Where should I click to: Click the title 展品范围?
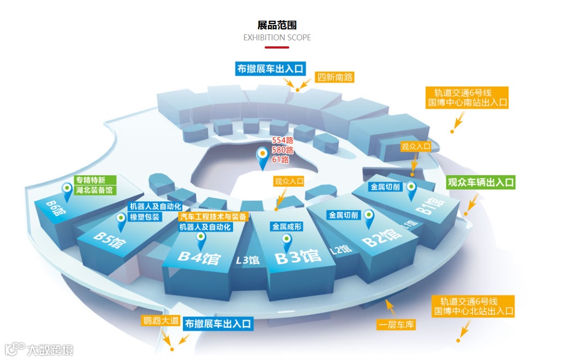(x=277, y=25)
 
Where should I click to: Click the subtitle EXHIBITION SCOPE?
(x=277, y=38)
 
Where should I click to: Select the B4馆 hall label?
(x=199, y=257)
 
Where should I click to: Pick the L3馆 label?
(x=247, y=260)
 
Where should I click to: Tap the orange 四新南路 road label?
(x=336, y=77)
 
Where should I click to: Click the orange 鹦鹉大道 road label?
(x=161, y=320)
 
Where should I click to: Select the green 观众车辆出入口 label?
(x=481, y=183)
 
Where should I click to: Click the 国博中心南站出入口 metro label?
(x=468, y=102)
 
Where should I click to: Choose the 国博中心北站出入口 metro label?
(x=473, y=311)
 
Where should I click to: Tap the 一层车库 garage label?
(x=396, y=326)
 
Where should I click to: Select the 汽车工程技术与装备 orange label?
(x=213, y=217)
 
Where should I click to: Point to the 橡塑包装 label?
(x=145, y=217)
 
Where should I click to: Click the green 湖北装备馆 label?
(x=94, y=190)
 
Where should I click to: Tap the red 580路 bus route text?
(x=283, y=150)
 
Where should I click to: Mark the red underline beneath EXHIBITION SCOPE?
(x=277, y=47)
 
